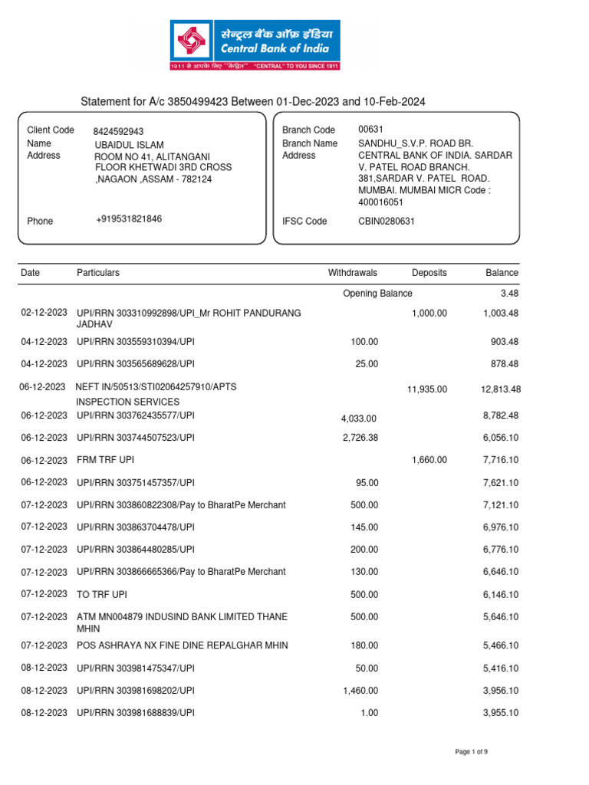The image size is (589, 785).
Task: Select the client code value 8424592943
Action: click(118, 131)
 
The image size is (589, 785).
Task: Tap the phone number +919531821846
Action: click(129, 219)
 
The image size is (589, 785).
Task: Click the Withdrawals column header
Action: click(353, 273)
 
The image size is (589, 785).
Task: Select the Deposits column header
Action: click(429, 273)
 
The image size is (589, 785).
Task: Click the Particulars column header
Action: click(98, 273)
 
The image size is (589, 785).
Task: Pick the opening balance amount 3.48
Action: click(508, 294)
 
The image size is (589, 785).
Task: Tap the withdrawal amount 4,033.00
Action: click(359, 419)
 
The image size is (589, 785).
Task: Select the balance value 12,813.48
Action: click(501, 390)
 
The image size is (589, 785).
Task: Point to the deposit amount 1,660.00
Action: click(429, 460)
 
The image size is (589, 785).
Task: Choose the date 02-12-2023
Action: click(44, 313)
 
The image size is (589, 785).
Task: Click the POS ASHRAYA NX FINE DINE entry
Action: click(183, 645)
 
